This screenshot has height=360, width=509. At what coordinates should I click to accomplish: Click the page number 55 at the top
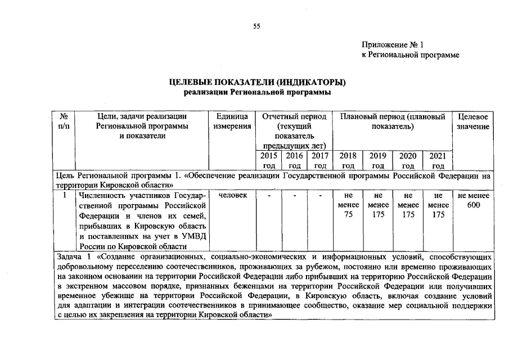click(256, 26)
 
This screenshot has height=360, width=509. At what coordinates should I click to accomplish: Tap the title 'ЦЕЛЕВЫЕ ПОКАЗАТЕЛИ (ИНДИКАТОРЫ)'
click(257, 83)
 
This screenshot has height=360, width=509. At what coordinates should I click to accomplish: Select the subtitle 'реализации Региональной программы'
click(257, 92)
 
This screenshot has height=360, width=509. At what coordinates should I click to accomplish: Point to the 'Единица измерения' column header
click(232, 121)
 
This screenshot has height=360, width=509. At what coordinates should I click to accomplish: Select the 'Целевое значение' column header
click(473, 121)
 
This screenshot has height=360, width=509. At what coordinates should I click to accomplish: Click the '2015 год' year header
click(269, 160)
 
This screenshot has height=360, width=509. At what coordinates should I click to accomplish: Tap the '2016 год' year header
click(295, 160)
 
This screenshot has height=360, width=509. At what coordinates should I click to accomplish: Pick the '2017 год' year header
click(320, 160)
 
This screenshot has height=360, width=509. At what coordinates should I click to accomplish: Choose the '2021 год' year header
click(438, 160)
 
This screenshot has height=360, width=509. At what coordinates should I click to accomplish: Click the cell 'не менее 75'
click(349, 205)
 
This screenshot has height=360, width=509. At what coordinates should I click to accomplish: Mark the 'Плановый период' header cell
click(393, 121)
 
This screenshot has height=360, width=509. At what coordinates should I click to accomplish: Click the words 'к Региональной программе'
click(410, 55)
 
